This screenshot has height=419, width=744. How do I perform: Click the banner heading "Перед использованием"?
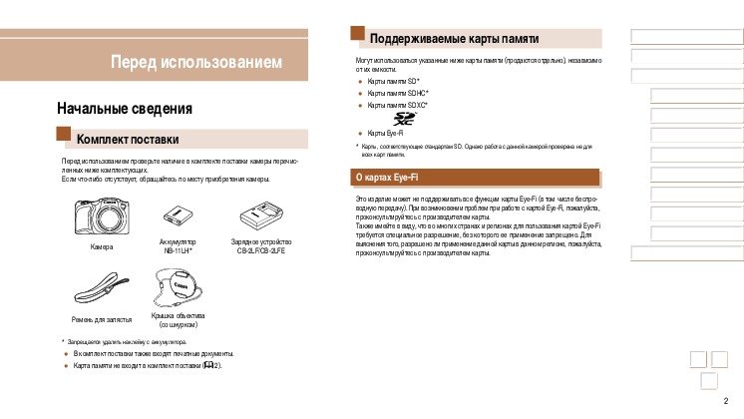pyautogui.click(x=195, y=63)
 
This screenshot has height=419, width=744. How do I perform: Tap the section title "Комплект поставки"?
pyautogui.click(x=128, y=139)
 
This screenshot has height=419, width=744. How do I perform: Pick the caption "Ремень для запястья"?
pyautogui.click(x=102, y=319)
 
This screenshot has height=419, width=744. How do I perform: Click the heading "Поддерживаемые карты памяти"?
pyautogui.click(x=454, y=39)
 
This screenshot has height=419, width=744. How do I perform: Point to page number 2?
pyautogui.click(x=725, y=401)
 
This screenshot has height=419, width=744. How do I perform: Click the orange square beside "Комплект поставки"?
pyautogui.click(x=64, y=135)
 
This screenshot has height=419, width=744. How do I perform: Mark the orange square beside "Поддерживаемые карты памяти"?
pyautogui.click(x=358, y=34)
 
